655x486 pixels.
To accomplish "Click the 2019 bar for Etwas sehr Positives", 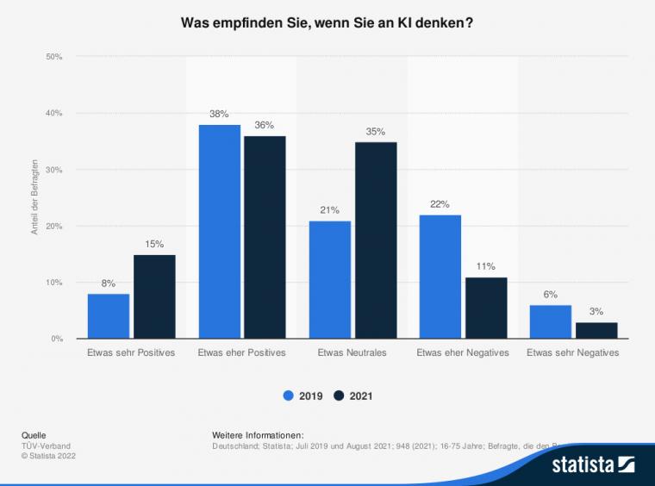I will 109,316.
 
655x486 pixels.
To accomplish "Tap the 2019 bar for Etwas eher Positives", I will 219,232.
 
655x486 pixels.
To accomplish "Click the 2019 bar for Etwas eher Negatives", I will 440,277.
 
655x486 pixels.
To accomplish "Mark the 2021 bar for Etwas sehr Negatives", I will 596,330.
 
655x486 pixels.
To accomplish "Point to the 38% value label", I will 219,115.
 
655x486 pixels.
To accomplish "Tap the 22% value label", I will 440,204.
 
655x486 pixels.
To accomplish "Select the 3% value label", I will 596,312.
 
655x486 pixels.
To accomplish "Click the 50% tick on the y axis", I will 54,57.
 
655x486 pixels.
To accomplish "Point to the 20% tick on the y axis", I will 54,227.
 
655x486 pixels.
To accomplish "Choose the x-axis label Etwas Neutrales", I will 352,353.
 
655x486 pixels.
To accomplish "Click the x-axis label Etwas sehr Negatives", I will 573,353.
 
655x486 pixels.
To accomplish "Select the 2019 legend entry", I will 303,396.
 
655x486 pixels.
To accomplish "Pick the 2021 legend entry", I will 352,396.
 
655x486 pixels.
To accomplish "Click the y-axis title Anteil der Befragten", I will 35,198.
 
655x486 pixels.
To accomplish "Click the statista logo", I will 594,465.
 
